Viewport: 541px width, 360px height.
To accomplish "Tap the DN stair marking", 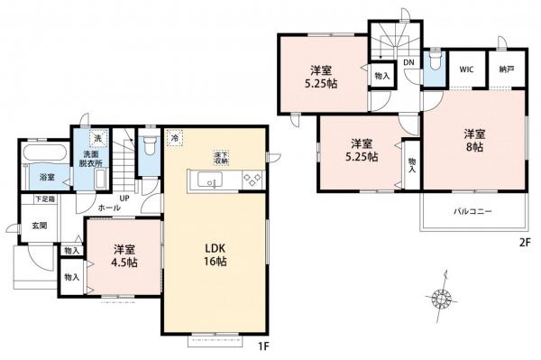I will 408,62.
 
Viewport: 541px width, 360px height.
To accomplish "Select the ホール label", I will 109,207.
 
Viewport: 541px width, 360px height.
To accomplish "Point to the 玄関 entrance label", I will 41,226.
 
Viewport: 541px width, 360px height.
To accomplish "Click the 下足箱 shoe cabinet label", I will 44,198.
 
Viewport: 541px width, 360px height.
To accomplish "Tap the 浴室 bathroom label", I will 45,177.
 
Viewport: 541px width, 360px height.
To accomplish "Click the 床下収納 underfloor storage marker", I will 222,157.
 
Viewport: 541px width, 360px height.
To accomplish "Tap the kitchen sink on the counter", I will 211,181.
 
